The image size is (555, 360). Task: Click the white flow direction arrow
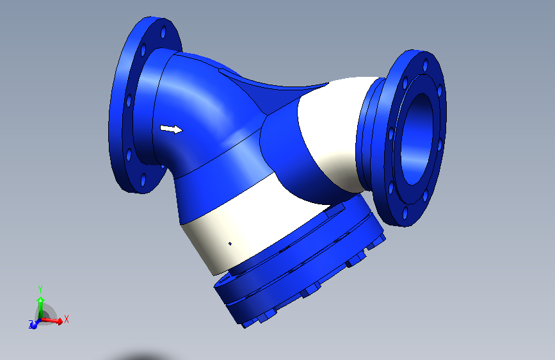point(170,129)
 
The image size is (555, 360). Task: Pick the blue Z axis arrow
point(33,324)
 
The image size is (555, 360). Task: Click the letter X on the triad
point(67,318)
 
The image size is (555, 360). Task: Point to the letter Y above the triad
point(40,289)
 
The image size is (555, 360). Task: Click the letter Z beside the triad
point(30,326)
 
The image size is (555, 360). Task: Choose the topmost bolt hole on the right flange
point(423,64)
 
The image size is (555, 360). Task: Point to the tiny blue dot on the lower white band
point(230,243)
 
